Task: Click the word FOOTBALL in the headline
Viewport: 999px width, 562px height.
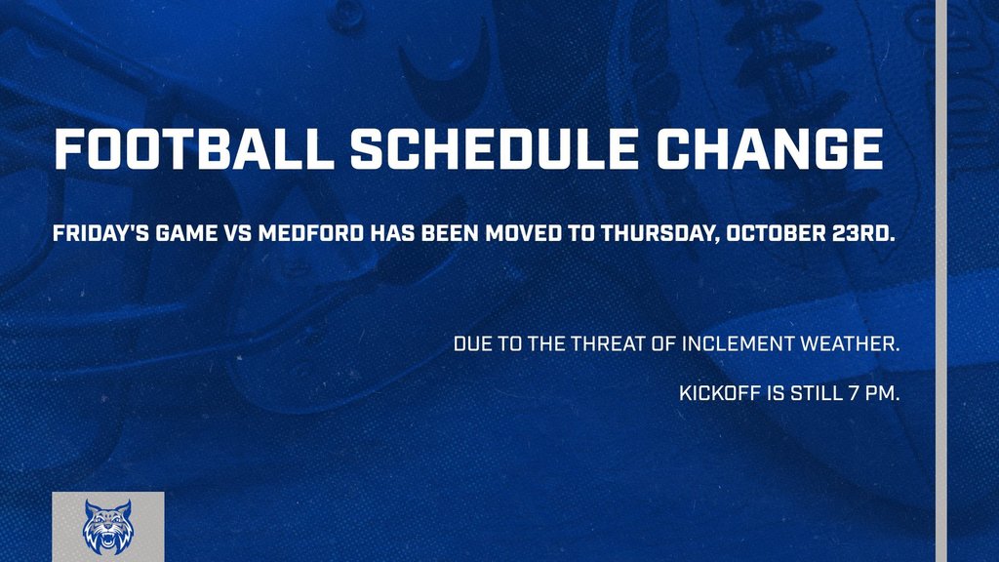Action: tap(194, 149)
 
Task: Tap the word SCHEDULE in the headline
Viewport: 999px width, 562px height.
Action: tap(495, 149)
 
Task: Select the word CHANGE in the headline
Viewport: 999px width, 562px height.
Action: tap(770, 149)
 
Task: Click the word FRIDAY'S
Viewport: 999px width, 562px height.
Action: tap(100, 233)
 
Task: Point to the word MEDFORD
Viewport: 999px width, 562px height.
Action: tap(310, 233)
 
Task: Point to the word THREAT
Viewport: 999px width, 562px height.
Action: tap(607, 344)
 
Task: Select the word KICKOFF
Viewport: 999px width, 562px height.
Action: tap(720, 393)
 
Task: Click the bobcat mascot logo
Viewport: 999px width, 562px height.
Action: tap(108, 527)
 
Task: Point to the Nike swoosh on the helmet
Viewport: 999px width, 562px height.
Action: tap(446, 73)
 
